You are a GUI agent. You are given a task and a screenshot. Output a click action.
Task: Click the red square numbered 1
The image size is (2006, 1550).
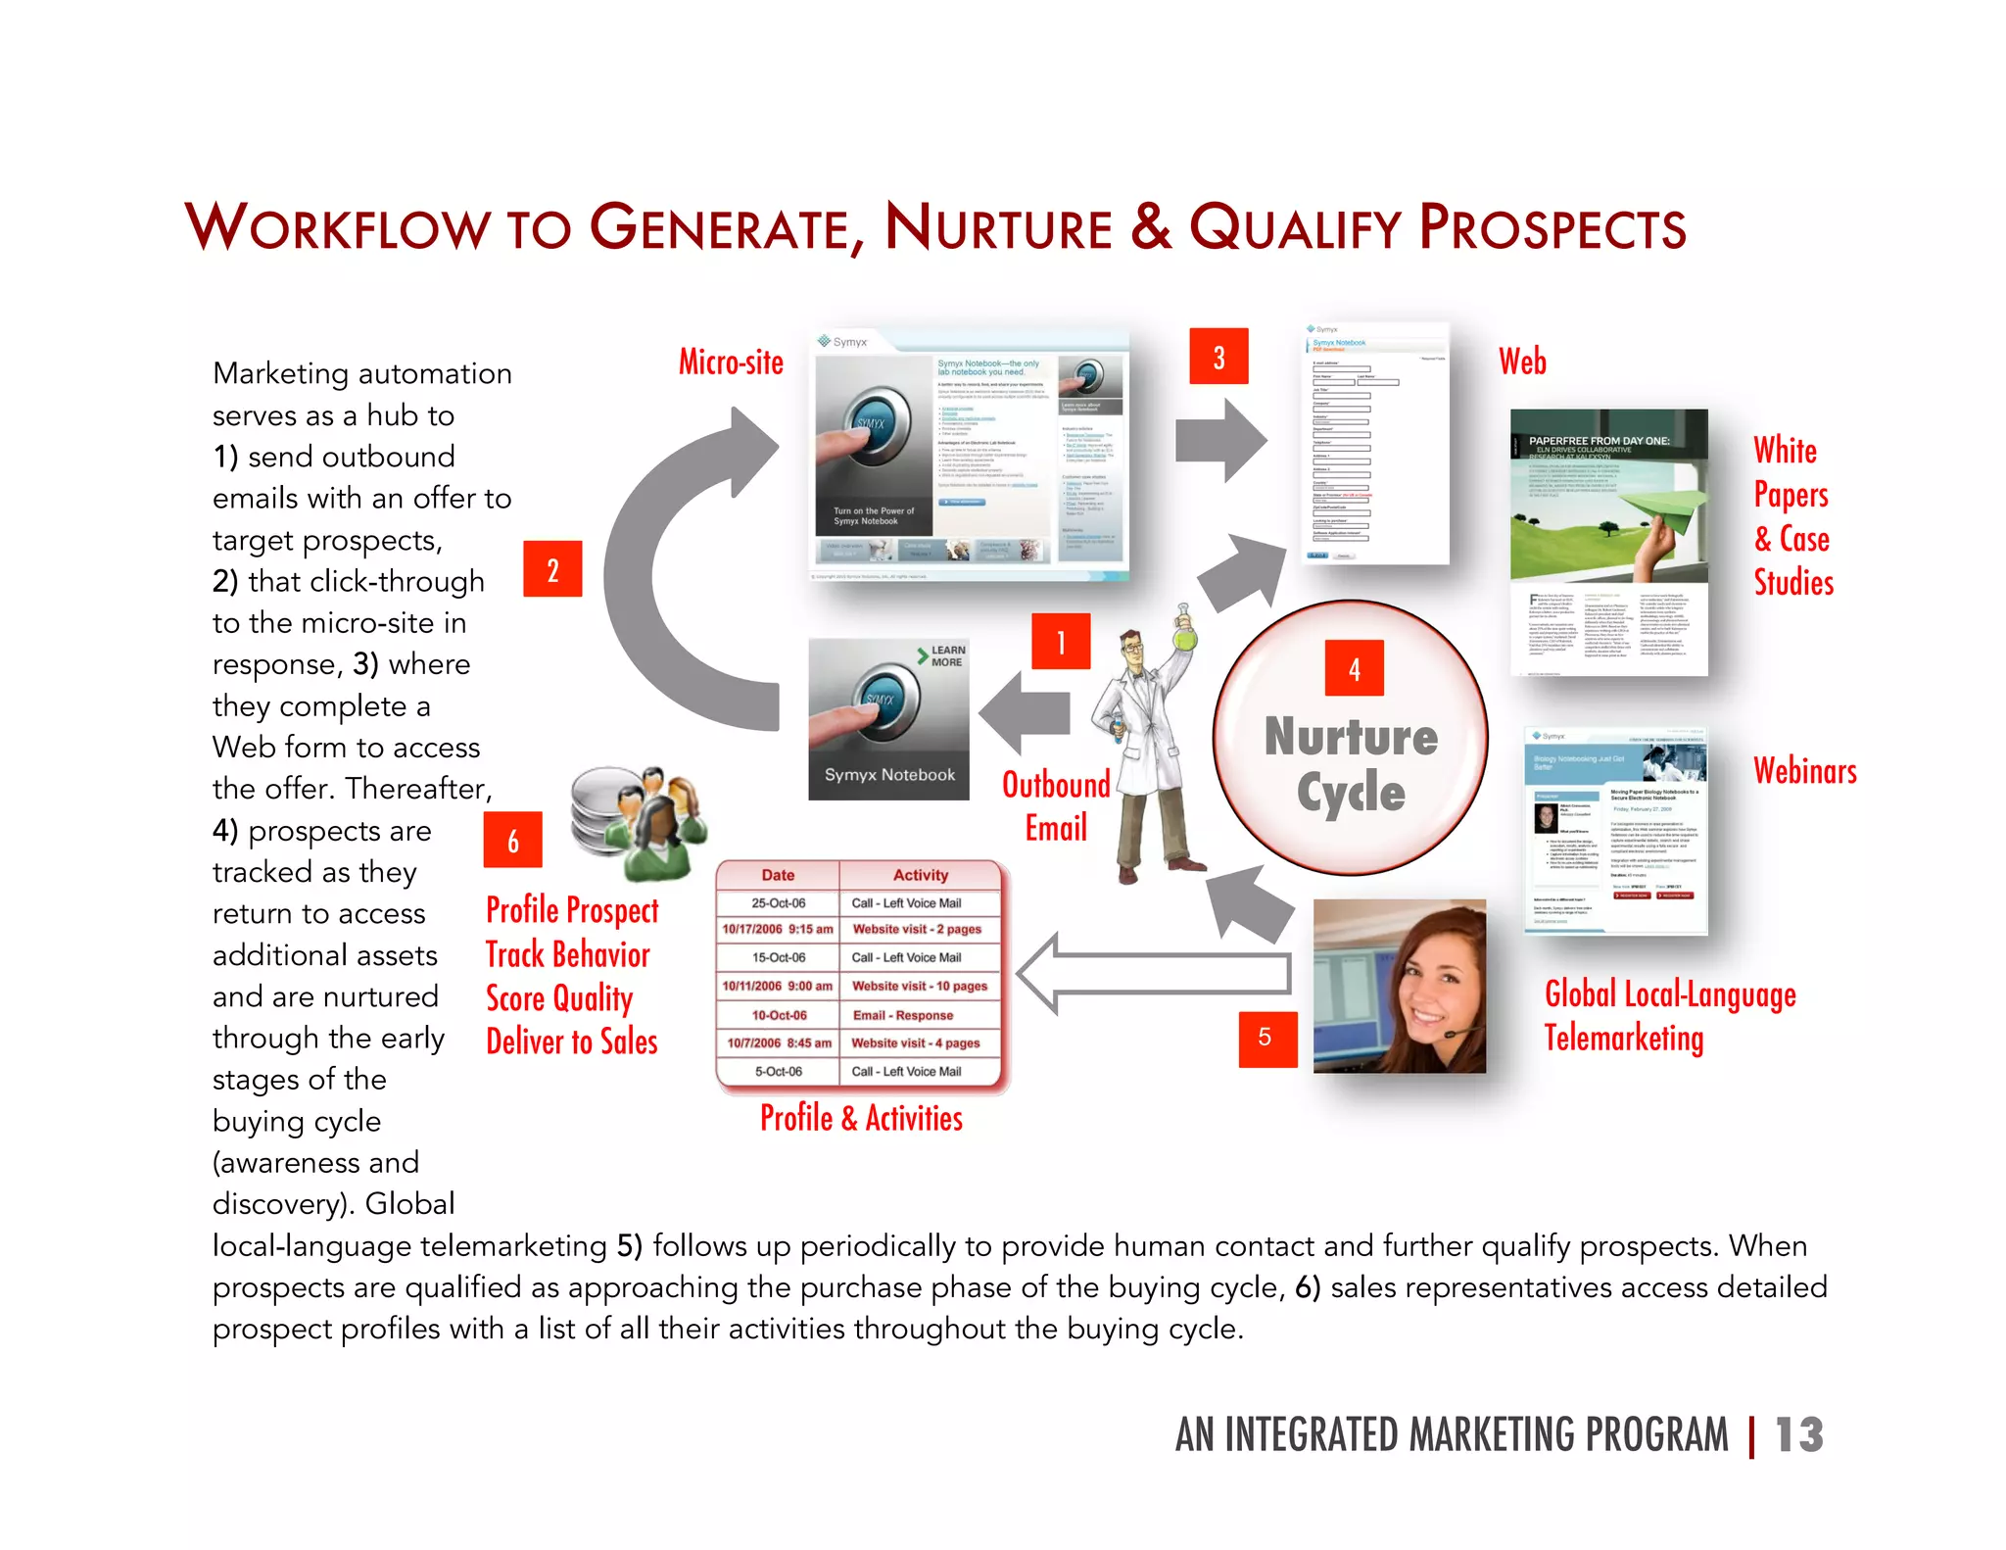(x=1061, y=642)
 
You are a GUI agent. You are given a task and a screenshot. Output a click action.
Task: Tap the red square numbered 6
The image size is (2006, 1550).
(x=512, y=840)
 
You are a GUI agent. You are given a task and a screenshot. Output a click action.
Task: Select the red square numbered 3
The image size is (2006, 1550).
(x=1218, y=357)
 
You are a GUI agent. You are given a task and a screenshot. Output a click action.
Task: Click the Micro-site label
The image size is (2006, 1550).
(x=731, y=362)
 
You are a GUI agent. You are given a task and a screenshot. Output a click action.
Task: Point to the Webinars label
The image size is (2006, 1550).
(x=1804, y=771)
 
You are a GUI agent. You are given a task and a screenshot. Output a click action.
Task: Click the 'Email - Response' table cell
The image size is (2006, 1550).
(x=902, y=1015)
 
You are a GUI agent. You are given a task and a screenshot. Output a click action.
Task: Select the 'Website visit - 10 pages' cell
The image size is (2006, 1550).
(x=919, y=987)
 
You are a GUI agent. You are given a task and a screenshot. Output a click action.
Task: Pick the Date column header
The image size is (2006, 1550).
(x=778, y=875)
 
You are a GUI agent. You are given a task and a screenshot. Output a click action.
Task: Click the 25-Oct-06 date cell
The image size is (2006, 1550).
(x=778, y=903)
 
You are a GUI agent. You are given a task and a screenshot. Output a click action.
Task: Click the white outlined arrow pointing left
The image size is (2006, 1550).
(x=1152, y=973)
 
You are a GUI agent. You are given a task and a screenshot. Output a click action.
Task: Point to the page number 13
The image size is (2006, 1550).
(x=1798, y=1435)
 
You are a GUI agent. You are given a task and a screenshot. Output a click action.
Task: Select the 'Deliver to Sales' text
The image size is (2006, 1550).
(x=571, y=1041)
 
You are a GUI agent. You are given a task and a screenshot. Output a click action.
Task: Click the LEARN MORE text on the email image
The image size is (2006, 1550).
(x=946, y=656)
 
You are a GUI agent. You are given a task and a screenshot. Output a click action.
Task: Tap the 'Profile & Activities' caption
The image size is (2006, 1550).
(x=861, y=1118)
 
